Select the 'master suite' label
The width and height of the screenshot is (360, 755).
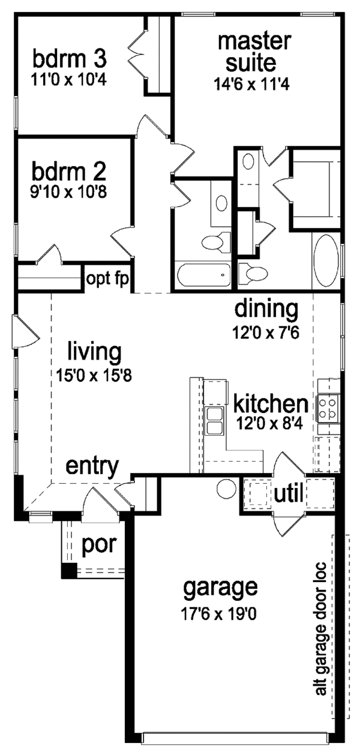click(247, 52)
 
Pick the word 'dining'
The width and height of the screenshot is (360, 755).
click(266, 310)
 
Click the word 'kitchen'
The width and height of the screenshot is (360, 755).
click(271, 402)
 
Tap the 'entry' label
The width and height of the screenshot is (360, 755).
click(91, 466)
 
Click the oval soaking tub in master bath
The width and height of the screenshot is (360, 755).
click(326, 262)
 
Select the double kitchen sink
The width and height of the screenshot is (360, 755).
click(214, 420)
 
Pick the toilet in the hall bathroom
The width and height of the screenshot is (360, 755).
click(211, 242)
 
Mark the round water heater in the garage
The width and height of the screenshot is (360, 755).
click(226, 487)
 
